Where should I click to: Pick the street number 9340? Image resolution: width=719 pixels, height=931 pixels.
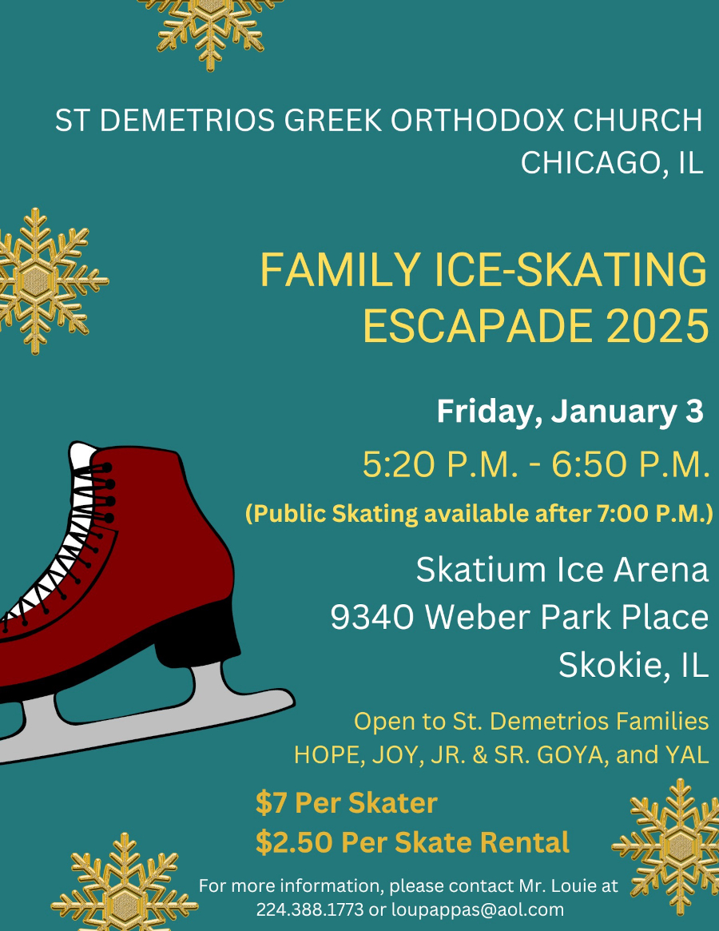click(x=373, y=617)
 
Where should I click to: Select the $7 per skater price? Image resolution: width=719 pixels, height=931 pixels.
click(x=268, y=803)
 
